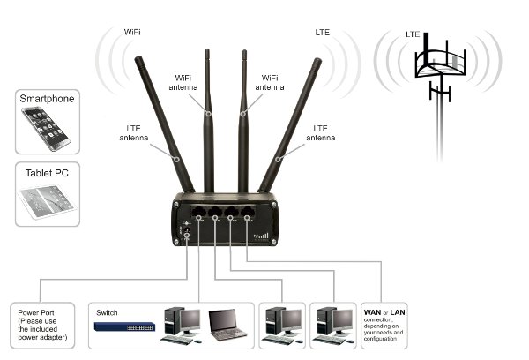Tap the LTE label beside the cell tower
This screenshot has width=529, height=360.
(x=413, y=34)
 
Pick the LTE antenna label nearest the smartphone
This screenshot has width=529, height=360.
(x=136, y=132)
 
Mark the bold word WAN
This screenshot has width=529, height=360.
(x=374, y=312)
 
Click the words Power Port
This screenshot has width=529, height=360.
(x=41, y=311)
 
